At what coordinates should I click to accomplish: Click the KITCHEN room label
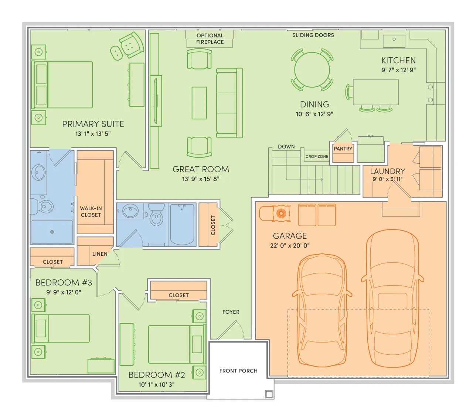pyautogui.click(x=398, y=60)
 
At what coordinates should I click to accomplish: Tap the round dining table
pyautogui.click(x=312, y=69)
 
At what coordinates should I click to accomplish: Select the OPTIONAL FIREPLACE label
pyautogui.click(x=210, y=39)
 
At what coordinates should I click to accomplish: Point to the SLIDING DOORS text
pyautogui.click(x=313, y=35)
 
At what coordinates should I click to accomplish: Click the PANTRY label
pyautogui.click(x=343, y=149)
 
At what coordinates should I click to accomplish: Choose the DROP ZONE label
pyautogui.click(x=317, y=156)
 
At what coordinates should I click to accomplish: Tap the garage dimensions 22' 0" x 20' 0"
pyautogui.click(x=289, y=246)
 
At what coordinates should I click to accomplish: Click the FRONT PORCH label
pyautogui.click(x=238, y=371)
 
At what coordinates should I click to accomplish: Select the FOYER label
pyautogui.click(x=231, y=312)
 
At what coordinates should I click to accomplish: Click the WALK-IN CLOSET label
pyautogui.click(x=91, y=211)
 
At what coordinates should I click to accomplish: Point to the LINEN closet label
pyautogui.click(x=100, y=254)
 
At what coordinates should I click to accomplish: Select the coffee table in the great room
pyautogui.click(x=199, y=103)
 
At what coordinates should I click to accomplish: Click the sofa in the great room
pyautogui.click(x=229, y=103)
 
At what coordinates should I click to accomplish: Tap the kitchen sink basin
pyautogui.click(x=394, y=41)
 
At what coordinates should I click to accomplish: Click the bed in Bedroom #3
pyautogui.click(x=61, y=328)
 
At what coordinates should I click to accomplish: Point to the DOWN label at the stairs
pyautogui.click(x=286, y=147)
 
